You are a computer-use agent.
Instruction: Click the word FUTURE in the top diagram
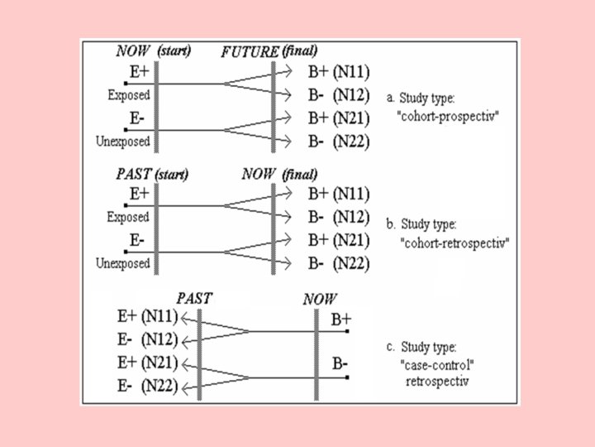[250, 51]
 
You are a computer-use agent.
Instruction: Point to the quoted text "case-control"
[431, 364]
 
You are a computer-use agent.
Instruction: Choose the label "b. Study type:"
[426, 224]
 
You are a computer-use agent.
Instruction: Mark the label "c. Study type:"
[426, 347]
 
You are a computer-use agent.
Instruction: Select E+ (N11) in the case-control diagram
[146, 316]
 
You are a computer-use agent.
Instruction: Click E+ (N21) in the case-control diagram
[146, 362]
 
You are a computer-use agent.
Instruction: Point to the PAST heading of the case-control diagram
[194, 297]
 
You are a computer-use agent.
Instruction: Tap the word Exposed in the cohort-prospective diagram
[128, 95]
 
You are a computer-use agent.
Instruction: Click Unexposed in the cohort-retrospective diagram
[122, 264]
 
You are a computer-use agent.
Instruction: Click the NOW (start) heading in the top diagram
[154, 50]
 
